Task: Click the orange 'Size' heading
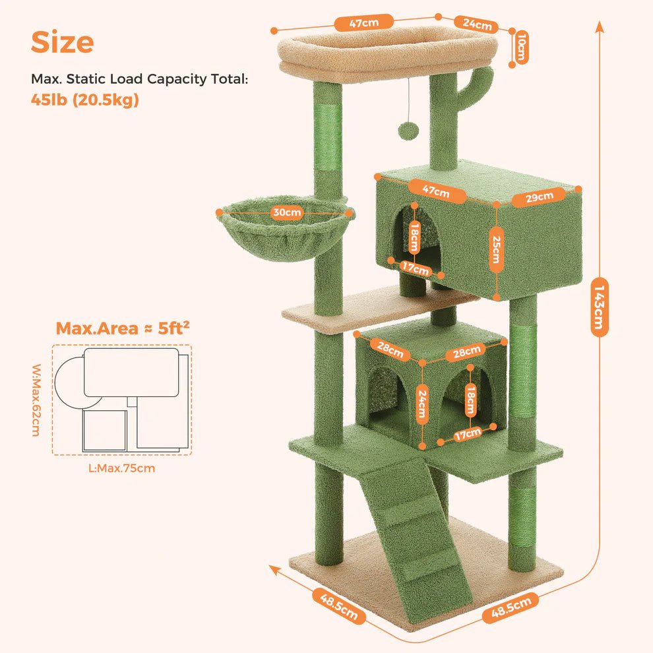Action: coord(63,42)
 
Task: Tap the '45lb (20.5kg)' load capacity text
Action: coord(85,100)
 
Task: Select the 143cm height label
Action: coord(599,307)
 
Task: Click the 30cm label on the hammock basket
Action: coord(286,212)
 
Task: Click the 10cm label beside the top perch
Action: coord(521,47)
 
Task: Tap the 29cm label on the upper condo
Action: coord(539,197)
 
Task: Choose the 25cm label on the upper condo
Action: coord(495,249)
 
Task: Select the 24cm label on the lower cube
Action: coord(422,404)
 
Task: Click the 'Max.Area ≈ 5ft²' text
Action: coord(123,328)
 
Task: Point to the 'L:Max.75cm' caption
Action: coord(121,468)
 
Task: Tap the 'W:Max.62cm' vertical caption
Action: coord(37,400)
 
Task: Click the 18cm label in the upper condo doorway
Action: coord(414,238)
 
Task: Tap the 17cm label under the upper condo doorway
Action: coord(415,268)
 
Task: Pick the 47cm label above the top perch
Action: coord(364,22)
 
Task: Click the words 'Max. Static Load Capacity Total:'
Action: coord(140,78)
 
